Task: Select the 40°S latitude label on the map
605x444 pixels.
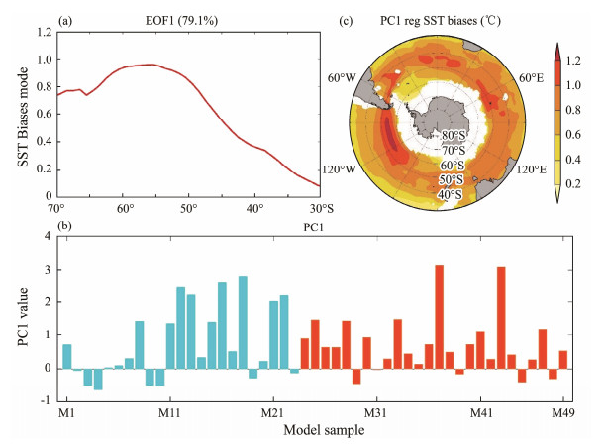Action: coord(452,193)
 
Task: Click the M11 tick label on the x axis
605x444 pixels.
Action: coord(170,410)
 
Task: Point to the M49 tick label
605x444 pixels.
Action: coord(562,410)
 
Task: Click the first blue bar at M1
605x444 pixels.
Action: coord(67,356)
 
